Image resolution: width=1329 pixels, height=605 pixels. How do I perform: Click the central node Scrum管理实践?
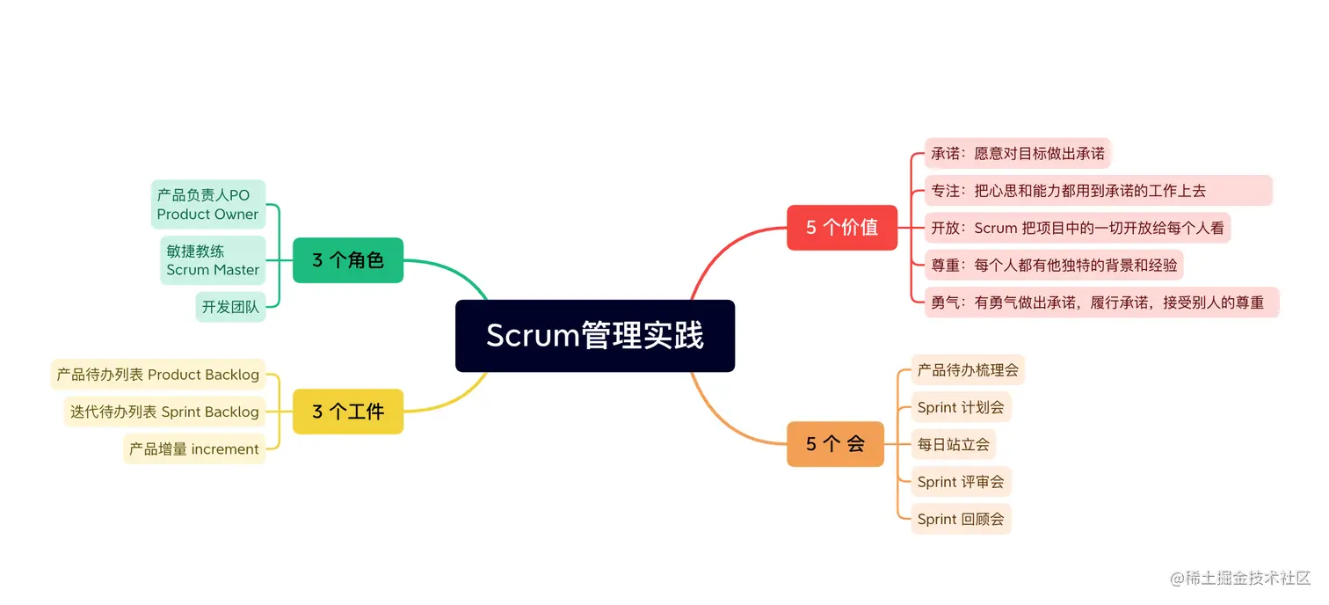tap(595, 336)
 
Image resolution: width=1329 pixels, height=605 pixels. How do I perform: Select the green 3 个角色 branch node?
tap(348, 260)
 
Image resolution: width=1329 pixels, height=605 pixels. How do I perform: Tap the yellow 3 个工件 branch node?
tap(348, 412)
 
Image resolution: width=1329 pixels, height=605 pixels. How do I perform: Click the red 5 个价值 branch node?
tap(842, 228)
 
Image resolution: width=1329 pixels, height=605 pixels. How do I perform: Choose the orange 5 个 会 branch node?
tap(835, 444)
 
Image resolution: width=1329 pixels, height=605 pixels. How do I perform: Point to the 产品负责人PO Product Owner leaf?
tap(208, 205)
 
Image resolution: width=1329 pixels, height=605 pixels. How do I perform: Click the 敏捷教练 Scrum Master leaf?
tap(213, 260)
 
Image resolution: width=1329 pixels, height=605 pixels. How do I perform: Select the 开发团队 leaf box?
tap(230, 307)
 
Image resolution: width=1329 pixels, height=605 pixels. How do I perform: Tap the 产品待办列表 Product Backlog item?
tap(158, 375)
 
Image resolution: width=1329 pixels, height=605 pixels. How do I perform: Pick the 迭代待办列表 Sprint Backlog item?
tap(164, 412)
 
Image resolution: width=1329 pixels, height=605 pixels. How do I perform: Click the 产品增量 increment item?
tap(194, 449)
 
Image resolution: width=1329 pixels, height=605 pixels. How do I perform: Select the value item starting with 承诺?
tap(1018, 153)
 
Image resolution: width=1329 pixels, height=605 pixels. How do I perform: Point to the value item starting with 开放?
tap(1078, 228)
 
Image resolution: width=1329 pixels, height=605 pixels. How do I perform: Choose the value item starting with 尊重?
tap(1054, 265)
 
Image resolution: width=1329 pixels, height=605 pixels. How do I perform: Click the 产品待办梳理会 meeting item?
tap(968, 370)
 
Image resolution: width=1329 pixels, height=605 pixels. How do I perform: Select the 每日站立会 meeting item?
tap(954, 445)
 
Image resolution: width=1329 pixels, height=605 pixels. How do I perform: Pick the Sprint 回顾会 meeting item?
tap(961, 519)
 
